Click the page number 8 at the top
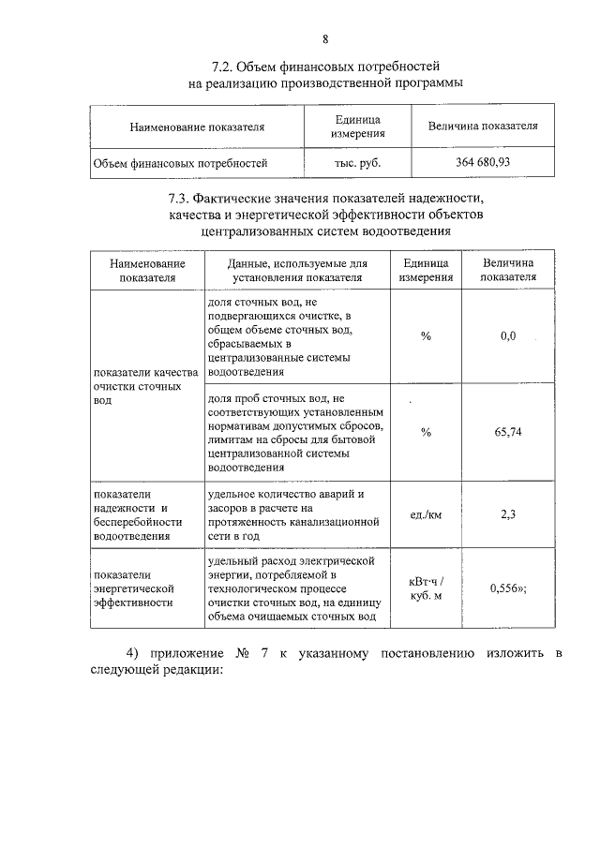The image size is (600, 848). pyautogui.click(x=325, y=38)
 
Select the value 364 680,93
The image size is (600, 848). pyautogui.click(x=482, y=163)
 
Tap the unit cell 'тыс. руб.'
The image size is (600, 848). pyautogui.click(x=357, y=163)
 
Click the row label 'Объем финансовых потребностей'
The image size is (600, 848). pyautogui.click(x=180, y=163)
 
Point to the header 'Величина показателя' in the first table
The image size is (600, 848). pyautogui.click(x=482, y=126)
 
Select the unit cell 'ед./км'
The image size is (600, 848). pyautogui.click(x=427, y=514)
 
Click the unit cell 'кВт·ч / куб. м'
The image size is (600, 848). pyautogui.click(x=427, y=588)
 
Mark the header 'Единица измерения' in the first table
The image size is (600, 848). pyautogui.click(x=357, y=126)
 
